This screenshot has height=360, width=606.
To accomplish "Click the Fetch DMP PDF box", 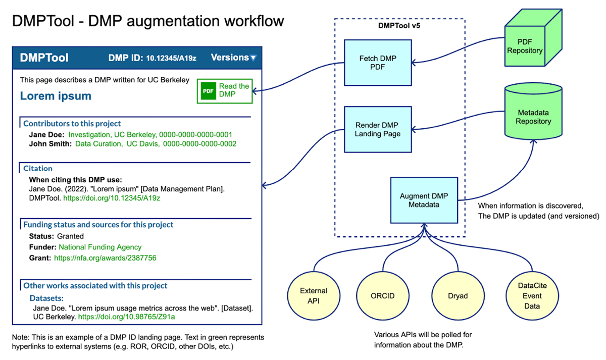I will pos(378,63).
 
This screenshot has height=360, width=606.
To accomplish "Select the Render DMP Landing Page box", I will pos(378,129).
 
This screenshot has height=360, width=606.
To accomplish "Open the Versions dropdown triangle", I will pos(254,58).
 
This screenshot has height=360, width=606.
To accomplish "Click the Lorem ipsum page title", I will pos(56,95).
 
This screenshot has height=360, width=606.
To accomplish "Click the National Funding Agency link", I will pos(100,247).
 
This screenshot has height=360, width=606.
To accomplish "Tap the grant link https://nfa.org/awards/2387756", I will pos(105,258).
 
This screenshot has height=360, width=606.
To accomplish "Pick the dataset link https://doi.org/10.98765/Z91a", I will pos(126,317).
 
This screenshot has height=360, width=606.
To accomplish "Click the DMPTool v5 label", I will pos(399,26).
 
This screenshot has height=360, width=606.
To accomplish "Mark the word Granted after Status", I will pos(70,236).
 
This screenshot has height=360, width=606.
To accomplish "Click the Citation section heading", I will pos(38,168).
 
